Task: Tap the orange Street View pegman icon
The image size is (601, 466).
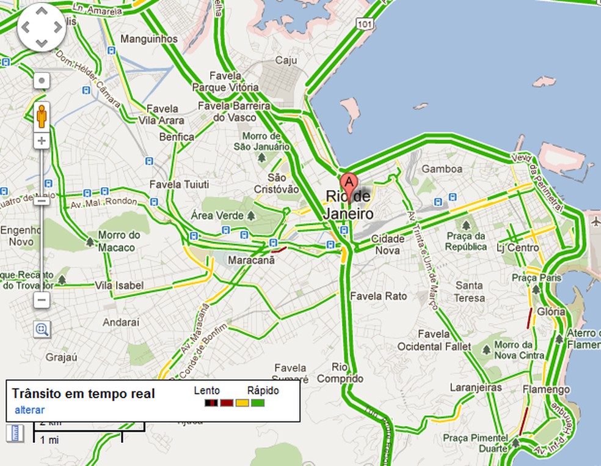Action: [x=42, y=115]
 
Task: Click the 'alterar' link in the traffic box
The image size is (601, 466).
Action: [x=29, y=410]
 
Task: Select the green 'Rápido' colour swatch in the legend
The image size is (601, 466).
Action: [x=258, y=403]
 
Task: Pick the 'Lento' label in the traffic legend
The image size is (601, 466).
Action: [x=207, y=390]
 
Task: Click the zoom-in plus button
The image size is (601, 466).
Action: [x=42, y=141]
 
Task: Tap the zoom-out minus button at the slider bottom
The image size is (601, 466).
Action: [x=42, y=300]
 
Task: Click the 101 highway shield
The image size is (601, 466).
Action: [x=365, y=24]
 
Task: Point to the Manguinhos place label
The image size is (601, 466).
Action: [x=150, y=39]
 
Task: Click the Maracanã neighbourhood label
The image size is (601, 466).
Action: [x=251, y=261]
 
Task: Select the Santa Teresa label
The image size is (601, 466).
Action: [x=470, y=292]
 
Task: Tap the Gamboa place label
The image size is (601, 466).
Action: [x=442, y=168]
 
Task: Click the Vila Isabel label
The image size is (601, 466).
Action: [x=119, y=286]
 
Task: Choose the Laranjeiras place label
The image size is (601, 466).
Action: [x=475, y=387]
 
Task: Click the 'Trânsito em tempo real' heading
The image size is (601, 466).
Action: [x=83, y=394]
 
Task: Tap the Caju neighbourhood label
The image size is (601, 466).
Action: [x=286, y=60]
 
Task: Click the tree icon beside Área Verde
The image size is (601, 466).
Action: [x=251, y=216]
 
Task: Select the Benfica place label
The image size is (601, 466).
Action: [x=177, y=137]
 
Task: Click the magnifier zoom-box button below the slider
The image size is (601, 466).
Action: [x=42, y=330]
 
